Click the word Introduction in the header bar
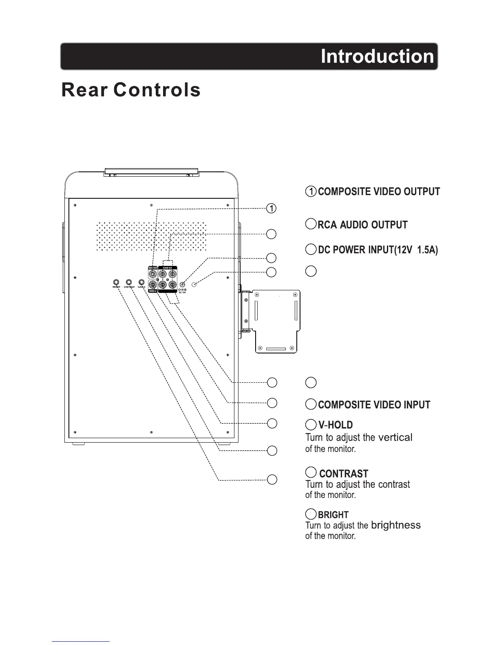click(377, 56)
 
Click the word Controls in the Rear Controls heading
click(157, 90)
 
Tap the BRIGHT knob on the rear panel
click(117, 282)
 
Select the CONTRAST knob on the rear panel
click(129, 282)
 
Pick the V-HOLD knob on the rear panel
click(141, 282)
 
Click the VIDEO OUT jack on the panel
click(153, 274)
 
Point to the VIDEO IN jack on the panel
click(153, 285)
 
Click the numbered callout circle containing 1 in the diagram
click(271, 208)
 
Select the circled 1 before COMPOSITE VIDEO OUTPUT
click(311, 191)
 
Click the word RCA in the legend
click(327, 225)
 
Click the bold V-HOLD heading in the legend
click(335, 425)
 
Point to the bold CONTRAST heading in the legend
click(344, 474)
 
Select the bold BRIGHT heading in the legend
click(333, 515)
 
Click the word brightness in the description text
click(396, 525)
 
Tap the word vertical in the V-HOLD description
click(395, 438)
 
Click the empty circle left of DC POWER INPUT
click(311, 249)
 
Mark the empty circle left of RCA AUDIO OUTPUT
click(311, 224)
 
